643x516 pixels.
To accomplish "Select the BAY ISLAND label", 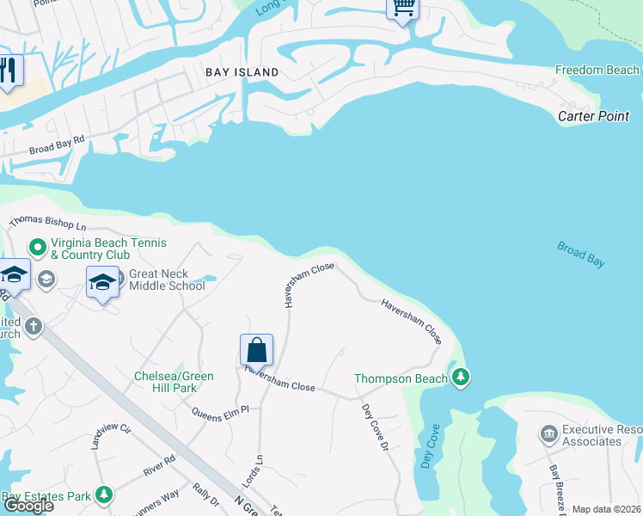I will click(242, 72).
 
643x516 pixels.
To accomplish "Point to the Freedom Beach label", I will click(597, 70).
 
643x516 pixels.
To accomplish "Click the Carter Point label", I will click(594, 116).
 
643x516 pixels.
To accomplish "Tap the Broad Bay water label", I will click(582, 255).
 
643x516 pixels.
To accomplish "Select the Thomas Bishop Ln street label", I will click(48, 224).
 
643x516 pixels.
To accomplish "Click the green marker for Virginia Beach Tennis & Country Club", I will click(38, 248).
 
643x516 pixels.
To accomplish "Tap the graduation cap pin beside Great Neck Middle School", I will click(101, 281).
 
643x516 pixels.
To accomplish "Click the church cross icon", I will click(34, 326).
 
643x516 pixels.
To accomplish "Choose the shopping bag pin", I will click(256, 350).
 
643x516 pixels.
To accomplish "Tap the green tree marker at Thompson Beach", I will click(461, 378).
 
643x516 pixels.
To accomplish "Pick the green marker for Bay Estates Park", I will click(104, 495).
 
